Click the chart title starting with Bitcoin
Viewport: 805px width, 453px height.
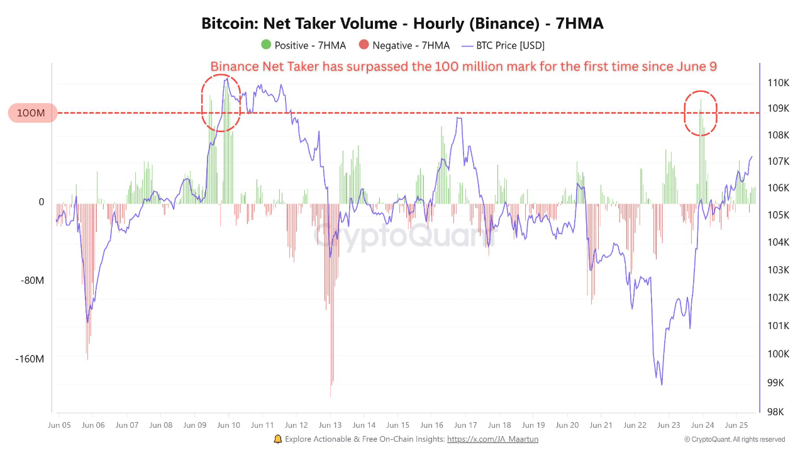[402, 24]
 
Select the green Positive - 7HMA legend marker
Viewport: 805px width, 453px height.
[266, 45]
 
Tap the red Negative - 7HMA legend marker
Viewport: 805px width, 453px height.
[364, 45]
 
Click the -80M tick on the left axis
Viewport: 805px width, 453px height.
[33, 281]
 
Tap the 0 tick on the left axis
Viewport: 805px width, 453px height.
[42, 202]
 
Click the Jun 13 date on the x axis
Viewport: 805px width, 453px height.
[330, 425]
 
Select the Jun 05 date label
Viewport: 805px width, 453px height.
[58, 425]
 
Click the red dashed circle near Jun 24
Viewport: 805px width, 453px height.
[701, 113]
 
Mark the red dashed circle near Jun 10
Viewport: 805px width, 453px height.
[221, 103]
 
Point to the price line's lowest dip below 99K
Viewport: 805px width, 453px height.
[662, 384]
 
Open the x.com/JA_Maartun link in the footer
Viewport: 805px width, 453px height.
[492, 439]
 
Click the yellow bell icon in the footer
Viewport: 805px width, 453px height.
[278, 439]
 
